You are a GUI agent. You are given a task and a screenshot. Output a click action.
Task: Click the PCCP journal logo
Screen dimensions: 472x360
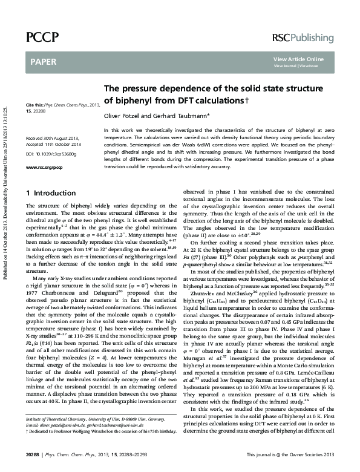coord(42,38)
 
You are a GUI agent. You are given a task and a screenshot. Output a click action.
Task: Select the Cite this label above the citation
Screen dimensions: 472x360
coord(35,105)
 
